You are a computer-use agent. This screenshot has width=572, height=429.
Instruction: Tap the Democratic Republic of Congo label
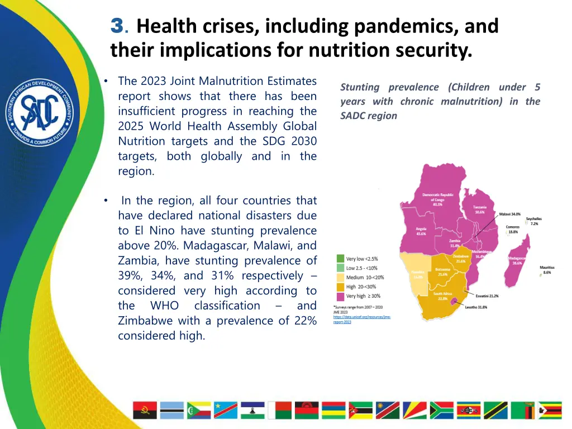[x=437, y=199]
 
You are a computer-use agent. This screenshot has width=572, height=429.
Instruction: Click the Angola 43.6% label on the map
[x=421, y=231]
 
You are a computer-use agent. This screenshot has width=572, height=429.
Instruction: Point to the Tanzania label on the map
[x=480, y=209]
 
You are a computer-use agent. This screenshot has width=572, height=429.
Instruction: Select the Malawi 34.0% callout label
[x=509, y=214]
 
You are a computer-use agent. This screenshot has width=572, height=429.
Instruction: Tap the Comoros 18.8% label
[x=512, y=229]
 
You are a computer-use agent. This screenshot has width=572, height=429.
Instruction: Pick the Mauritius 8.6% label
[x=547, y=270]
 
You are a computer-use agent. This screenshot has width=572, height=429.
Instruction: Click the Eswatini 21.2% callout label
[x=487, y=295]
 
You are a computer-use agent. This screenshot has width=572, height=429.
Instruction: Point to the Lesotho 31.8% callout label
[x=475, y=307]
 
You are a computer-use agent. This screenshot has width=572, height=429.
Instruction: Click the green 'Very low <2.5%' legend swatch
[x=340, y=259]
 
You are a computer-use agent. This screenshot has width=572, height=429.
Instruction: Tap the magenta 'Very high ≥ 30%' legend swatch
[x=340, y=295]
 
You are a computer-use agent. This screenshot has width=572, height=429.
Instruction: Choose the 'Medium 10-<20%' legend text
[x=365, y=278]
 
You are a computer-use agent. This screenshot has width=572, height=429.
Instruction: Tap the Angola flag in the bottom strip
[x=145, y=411]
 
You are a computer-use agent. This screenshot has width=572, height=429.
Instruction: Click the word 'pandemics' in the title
[x=408, y=26]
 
